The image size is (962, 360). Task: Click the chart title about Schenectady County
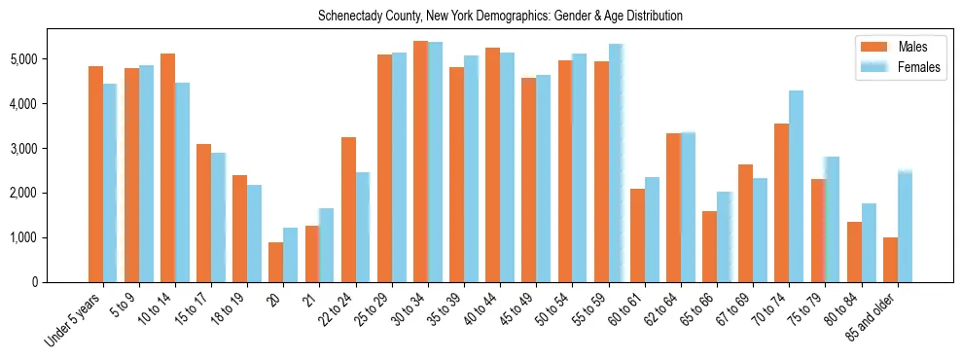click(x=500, y=17)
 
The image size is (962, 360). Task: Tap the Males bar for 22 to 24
click(x=348, y=210)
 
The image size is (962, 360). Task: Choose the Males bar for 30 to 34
click(x=420, y=162)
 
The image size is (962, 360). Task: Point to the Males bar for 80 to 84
click(x=854, y=252)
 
